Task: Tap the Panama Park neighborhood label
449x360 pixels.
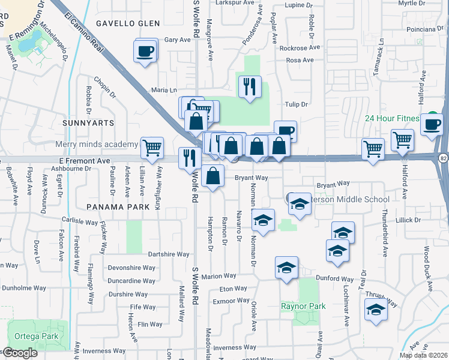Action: pyautogui.click(x=109, y=206)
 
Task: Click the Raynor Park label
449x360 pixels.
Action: pyautogui.click(x=303, y=307)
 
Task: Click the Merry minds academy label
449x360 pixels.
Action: pyautogui.click(x=97, y=145)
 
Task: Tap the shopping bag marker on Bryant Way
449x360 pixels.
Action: pyautogui.click(x=213, y=176)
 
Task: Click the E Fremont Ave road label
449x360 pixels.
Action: pyautogui.click(x=85, y=161)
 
